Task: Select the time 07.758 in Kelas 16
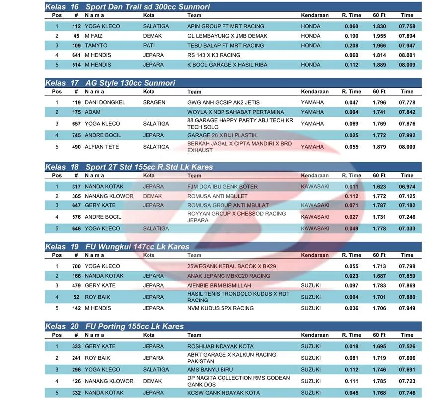click(x=407, y=26)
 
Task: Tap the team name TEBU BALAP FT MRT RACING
click(x=225, y=45)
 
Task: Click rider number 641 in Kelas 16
click(x=76, y=55)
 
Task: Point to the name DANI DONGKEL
click(x=105, y=102)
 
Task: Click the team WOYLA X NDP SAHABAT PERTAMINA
click(x=235, y=112)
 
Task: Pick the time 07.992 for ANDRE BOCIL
click(x=407, y=135)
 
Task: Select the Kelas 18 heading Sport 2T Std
click(x=128, y=167)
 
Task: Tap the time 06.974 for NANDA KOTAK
click(x=407, y=187)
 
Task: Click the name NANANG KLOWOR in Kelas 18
click(x=109, y=196)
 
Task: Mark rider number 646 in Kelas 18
click(x=76, y=229)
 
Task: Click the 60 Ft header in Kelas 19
click(x=379, y=255)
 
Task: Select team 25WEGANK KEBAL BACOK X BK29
click(x=231, y=266)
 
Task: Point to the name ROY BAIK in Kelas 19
click(x=97, y=297)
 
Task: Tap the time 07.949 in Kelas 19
click(x=407, y=308)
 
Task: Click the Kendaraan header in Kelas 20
click(x=315, y=335)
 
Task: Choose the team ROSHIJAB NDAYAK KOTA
click(x=220, y=346)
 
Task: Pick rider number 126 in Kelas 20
click(x=76, y=381)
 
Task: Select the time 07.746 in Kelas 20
click(x=407, y=393)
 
